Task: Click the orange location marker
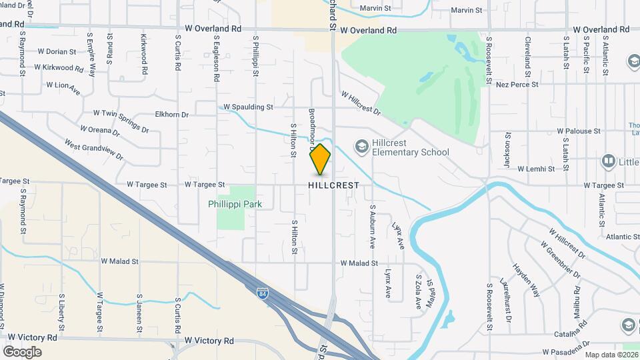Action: pos(321,159)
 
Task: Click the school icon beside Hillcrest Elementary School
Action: pos(361,146)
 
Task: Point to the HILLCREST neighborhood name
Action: pos(334,185)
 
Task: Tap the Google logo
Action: pos(22,352)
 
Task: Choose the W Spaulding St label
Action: pos(248,107)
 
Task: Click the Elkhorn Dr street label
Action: pos(172,115)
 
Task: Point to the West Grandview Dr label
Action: pos(94,149)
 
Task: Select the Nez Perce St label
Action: pos(517,85)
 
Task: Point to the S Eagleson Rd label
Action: pos(217,59)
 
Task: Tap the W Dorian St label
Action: pos(57,51)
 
